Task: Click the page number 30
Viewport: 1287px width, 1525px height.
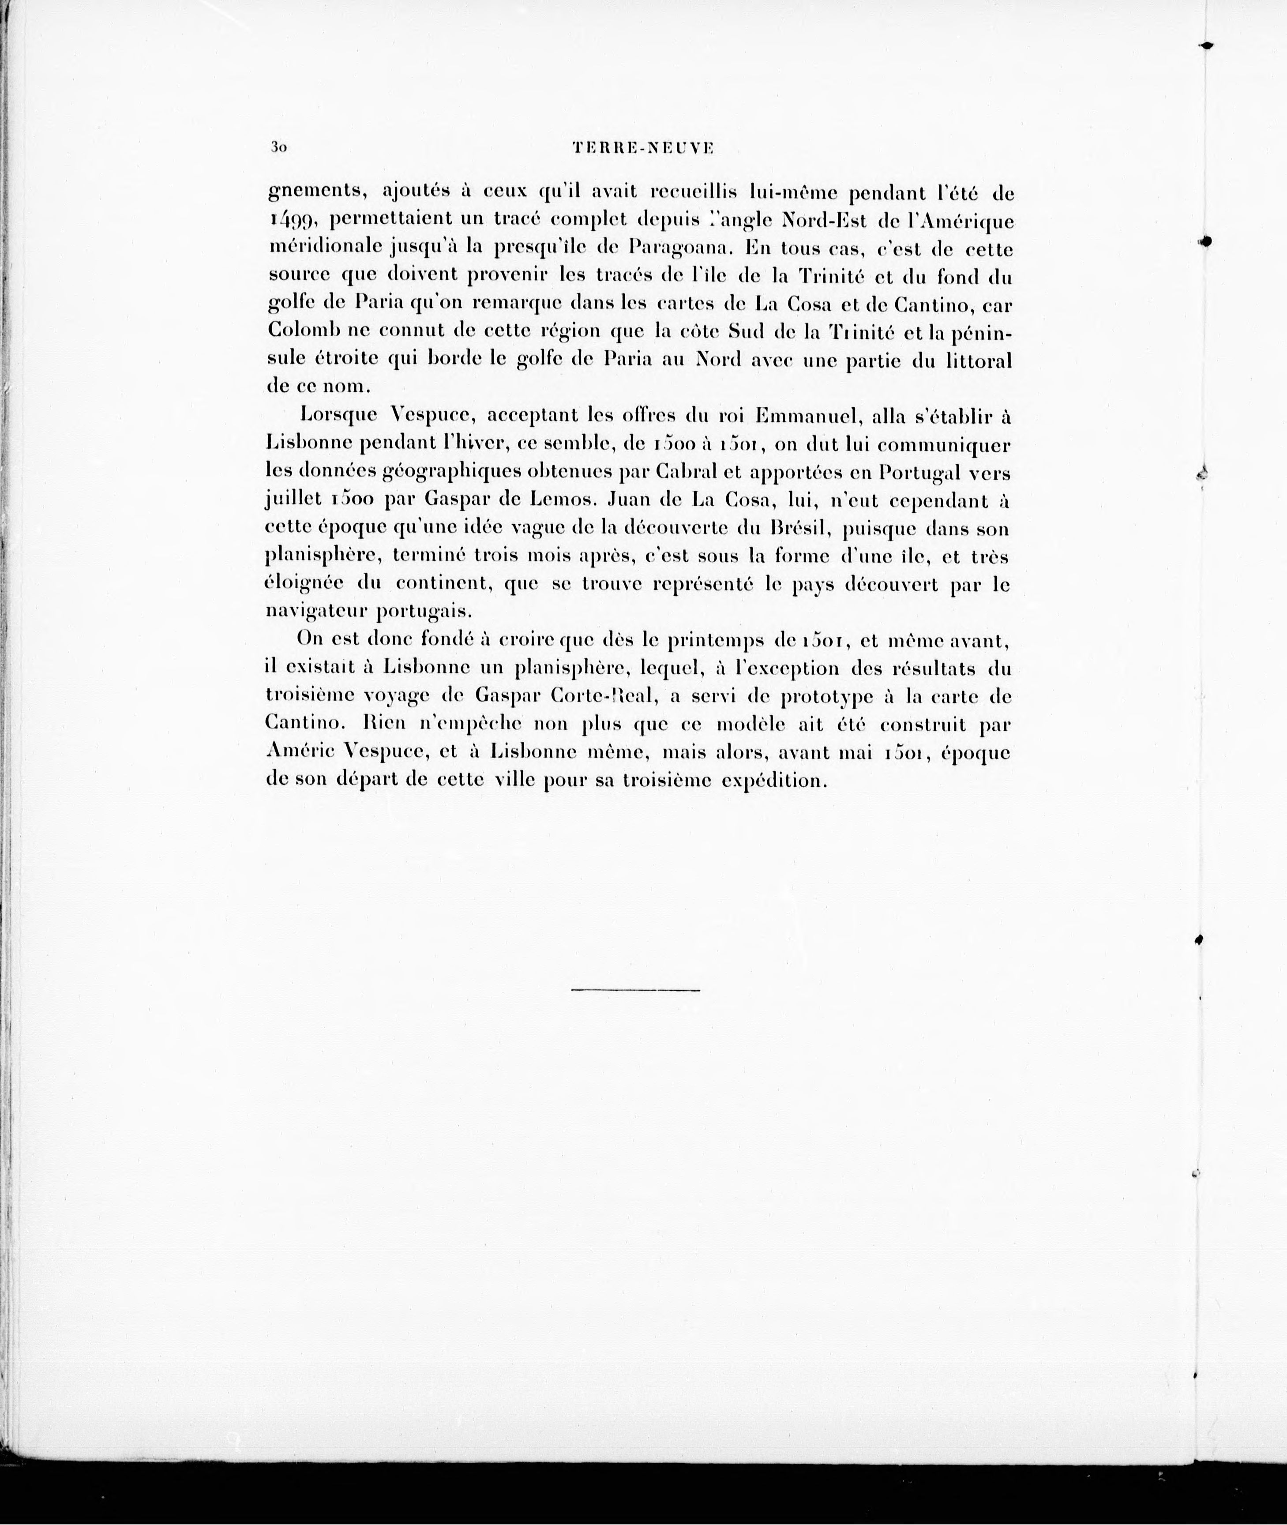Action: point(277,147)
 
